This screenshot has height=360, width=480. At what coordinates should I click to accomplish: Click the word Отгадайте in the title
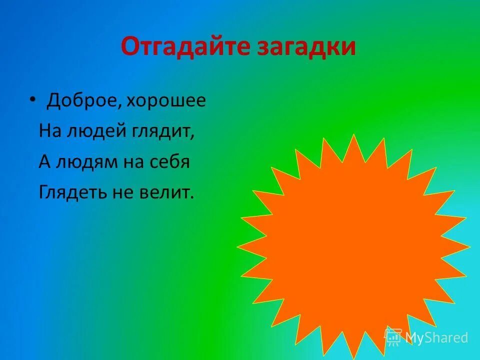[185, 47]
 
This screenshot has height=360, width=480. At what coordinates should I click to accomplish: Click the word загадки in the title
[306, 47]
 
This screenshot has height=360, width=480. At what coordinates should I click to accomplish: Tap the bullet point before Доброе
[32, 99]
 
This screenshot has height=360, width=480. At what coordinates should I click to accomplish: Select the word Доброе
[82, 101]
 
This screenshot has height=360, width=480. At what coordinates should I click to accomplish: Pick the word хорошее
[166, 101]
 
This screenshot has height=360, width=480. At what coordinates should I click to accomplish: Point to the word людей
[88, 132]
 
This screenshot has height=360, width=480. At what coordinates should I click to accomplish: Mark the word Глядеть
[69, 193]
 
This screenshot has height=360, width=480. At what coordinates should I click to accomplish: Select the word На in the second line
[48, 132]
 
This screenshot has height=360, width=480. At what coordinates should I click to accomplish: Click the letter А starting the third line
[44, 162]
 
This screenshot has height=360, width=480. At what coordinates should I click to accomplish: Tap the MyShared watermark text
[436, 337]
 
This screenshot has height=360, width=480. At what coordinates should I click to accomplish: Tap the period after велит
[191, 198]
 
